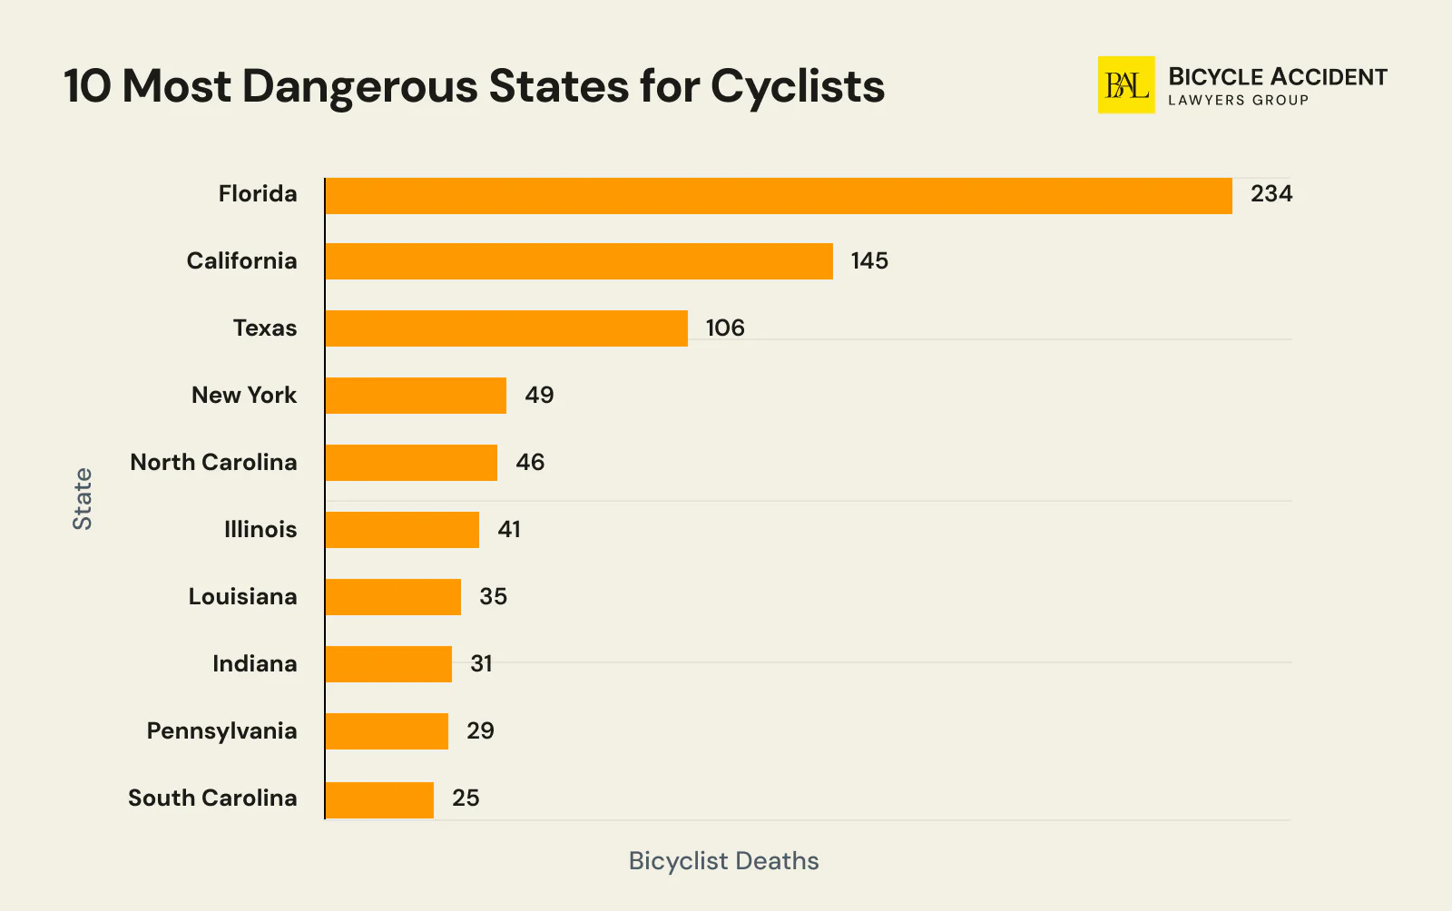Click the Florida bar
(x=778, y=196)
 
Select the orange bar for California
(x=579, y=261)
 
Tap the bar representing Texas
(x=506, y=328)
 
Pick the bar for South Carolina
(x=379, y=800)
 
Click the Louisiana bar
(x=393, y=597)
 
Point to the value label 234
(x=1270, y=194)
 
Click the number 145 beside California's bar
(x=868, y=261)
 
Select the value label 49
(x=539, y=396)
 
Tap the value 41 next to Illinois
(x=509, y=530)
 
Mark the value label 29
(x=480, y=731)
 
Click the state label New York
(x=244, y=396)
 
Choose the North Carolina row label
(x=213, y=463)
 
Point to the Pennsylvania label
(x=221, y=731)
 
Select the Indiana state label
(x=254, y=664)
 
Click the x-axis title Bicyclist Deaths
(x=723, y=861)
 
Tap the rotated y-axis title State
(x=83, y=499)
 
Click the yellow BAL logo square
(x=1125, y=85)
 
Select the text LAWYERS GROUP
(x=1238, y=101)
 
